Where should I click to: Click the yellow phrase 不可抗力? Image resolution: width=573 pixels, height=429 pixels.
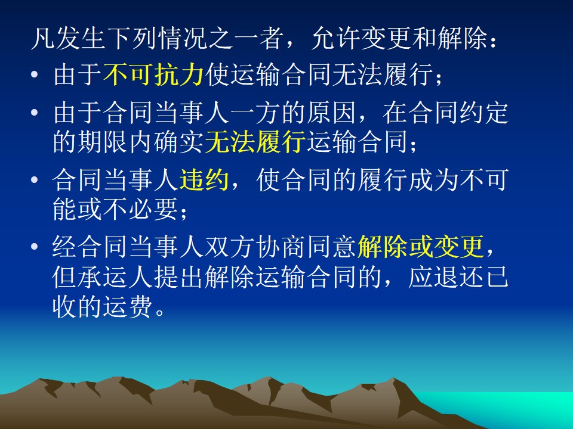coord(153,75)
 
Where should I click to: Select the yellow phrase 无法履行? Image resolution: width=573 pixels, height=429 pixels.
coord(255,142)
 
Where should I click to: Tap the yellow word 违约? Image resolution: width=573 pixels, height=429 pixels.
coord(204,179)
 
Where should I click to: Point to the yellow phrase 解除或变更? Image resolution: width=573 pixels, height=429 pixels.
coord(421,247)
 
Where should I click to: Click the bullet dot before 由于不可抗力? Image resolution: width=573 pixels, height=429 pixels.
coord(35,75)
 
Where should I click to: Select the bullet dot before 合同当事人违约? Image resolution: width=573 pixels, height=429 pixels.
coord(35,179)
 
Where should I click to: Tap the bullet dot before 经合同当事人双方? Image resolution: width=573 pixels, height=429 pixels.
coord(35,247)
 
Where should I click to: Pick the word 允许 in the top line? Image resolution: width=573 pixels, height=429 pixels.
coord(336,38)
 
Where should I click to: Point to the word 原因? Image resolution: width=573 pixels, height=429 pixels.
coord(331,113)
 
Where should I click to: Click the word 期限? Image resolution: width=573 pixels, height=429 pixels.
coord(103,142)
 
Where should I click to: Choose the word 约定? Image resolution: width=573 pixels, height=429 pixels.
coord(483,113)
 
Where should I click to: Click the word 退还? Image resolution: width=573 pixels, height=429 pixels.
coord(458,277)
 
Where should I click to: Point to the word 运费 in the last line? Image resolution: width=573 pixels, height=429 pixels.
coord(128,306)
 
